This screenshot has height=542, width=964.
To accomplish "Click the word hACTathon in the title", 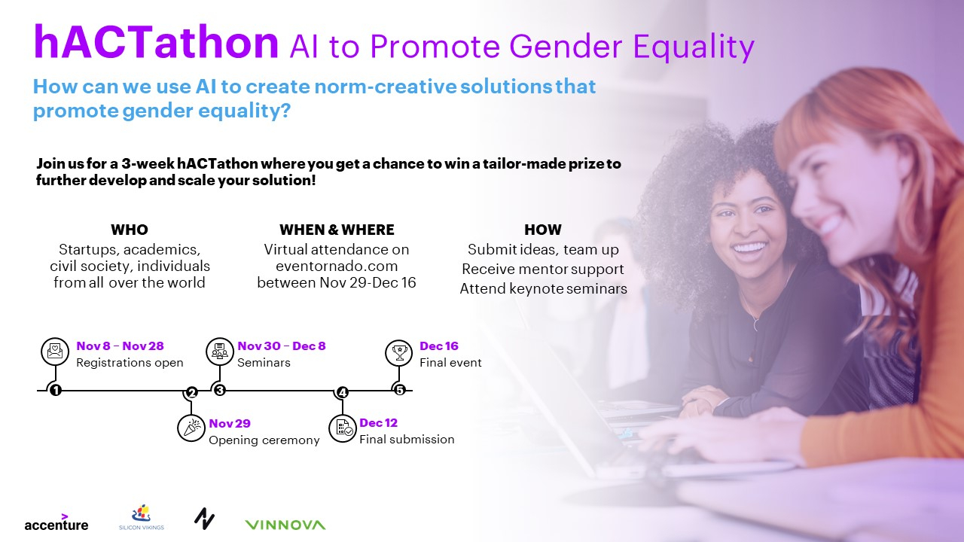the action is pyautogui.click(x=156, y=42).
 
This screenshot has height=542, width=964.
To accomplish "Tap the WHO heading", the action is pyautogui.click(x=130, y=230).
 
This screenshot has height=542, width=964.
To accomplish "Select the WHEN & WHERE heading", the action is pyautogui.click(x=337, y=230).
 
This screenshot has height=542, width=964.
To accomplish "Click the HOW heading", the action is pyautogui.click(x=543, y=230).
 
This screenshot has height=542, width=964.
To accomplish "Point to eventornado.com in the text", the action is pyautogui.click(x=337, y=266).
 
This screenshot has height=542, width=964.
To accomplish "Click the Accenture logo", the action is pyautogui.click(x=56, y=522).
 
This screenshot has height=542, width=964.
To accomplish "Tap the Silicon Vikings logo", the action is pyautogui.click(x=142, y=517).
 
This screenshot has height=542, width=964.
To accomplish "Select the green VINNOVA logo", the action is pyautogui.click(x=285, y=525).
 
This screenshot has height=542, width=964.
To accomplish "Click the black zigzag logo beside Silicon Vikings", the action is pyautogui.click(x=204, y=519).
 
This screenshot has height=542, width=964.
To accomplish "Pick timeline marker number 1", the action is pyautogui.click(x=56, y=390).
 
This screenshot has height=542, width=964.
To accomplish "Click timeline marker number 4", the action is pyautogui.click(x=342, y=392).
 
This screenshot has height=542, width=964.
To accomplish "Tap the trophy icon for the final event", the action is pyautogui.click(x=399, y=353).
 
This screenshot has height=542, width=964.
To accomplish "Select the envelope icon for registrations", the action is pyautogui.click(x=55, y=352).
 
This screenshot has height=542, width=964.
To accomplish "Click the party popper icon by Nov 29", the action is pyautogui.click(x=191, y=428).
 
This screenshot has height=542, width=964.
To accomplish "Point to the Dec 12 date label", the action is pyautogui.click(x=378, y=423).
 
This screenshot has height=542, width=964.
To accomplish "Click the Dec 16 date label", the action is pyautogui.click(x=439, y=346).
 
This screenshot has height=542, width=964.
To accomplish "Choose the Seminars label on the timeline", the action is pyautogui.click(x=264, y=363).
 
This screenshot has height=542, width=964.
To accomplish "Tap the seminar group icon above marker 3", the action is pyautogui.click(x=220, y=352).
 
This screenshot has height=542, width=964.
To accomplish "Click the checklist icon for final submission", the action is pyautogui.click(x=343, y=428).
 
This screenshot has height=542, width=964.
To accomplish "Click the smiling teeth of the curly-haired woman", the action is pyautogui.click(x=749, y=248).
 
